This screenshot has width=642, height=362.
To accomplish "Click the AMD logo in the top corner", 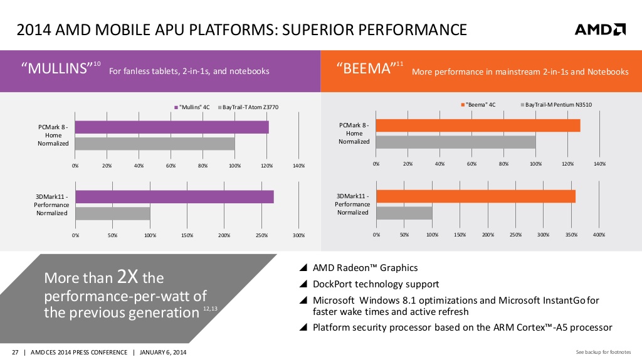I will click(x=600, y=29).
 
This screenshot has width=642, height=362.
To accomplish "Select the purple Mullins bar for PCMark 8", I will click(x=172, y=127).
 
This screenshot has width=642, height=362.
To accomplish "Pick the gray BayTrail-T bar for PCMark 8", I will click(x=155, y=143).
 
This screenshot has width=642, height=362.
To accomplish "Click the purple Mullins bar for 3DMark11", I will click(x=174, y=197).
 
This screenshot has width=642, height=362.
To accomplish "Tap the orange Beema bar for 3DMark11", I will click(x=476, y=196).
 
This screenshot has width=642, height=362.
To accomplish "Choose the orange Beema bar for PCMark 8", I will click(x=478, y=125).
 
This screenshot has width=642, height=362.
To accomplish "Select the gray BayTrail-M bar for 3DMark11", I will click(x=404, y=213).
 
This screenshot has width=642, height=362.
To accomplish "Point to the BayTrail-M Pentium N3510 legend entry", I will click(x=558, y=105).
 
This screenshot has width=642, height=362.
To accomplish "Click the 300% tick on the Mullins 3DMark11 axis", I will click(x=298, y=235).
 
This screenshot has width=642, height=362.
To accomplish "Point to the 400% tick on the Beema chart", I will click(x=599, y=235).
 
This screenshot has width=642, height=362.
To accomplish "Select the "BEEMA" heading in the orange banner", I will click(x=365, y=68).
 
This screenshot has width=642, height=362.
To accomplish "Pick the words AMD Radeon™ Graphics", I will click(x=366, y=268).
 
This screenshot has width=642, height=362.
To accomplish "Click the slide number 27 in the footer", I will click(x=15, y=351).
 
